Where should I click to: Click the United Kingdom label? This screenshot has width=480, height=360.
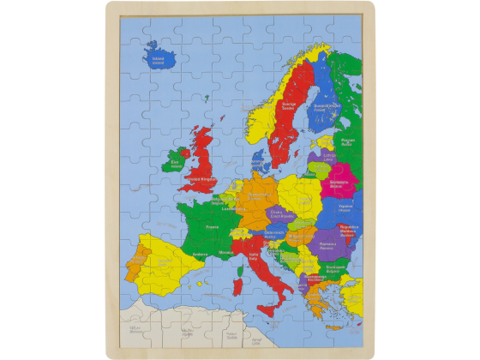click(202, 179)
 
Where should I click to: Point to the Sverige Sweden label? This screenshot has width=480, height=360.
click(288, 108)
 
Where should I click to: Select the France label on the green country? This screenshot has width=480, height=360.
click(212, 227)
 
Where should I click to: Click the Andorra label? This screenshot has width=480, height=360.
click(201, 254)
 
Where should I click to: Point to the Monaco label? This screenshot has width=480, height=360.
click(226, 253)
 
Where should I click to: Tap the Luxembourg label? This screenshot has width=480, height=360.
click(229, 207)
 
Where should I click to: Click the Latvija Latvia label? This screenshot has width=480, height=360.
click(329, 157)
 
